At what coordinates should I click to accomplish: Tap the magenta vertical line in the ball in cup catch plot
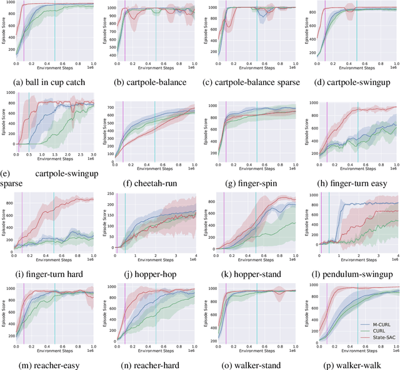pyautogui.click(x=24, y=31)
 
